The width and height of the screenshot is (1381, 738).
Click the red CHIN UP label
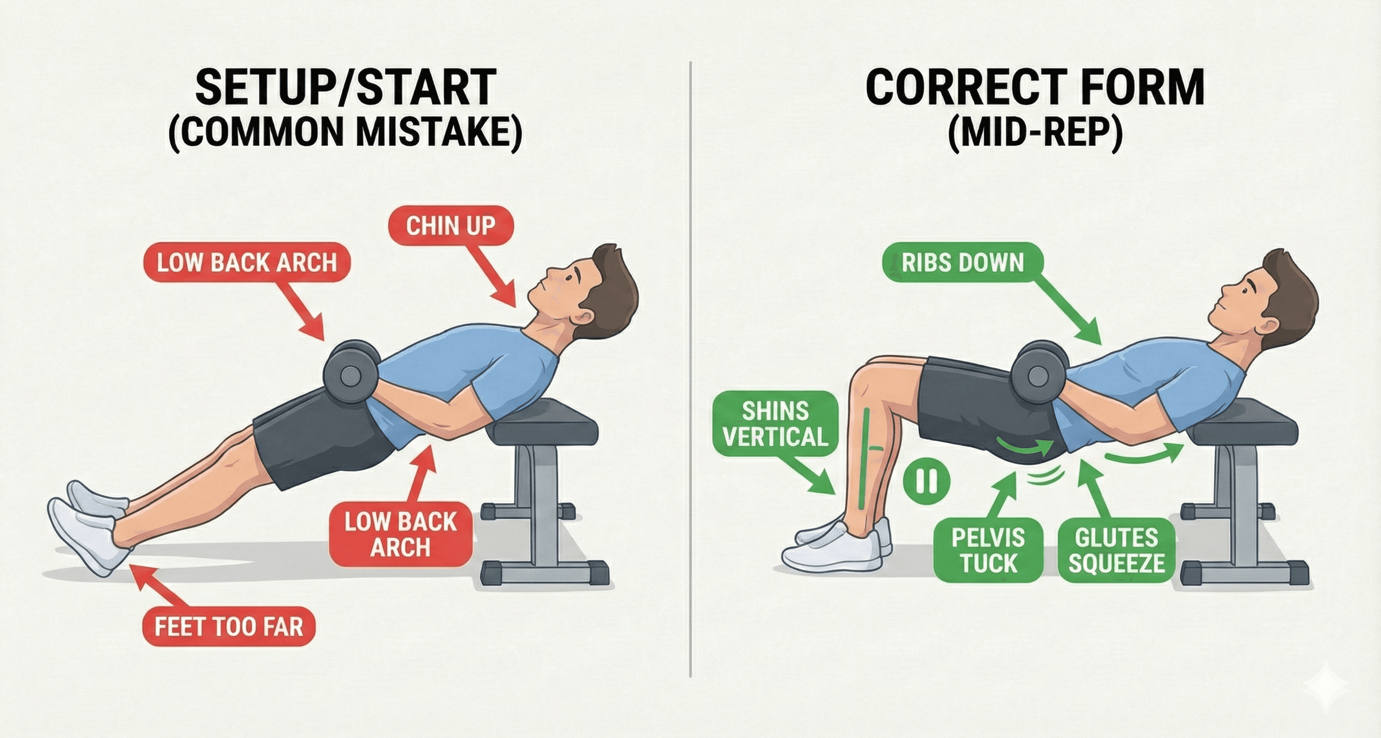[x=450, y=226]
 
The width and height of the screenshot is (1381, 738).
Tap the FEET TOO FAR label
[x=229, y=627]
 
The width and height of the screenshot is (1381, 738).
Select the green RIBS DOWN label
[x=963, y=263]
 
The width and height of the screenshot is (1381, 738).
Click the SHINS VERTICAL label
[x=775, y=423]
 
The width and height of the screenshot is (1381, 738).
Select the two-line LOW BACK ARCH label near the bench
[x=400, y=534]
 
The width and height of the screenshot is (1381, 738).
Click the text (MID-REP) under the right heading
[x=1035, y=132]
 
